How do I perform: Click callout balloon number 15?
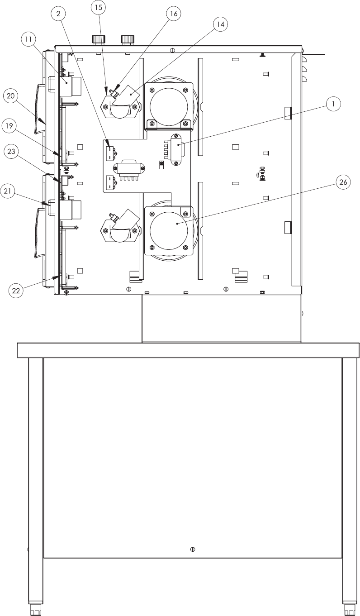[99, 7]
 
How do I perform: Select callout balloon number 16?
[174, 14]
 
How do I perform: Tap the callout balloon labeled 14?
[221, 24]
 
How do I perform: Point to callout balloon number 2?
[58, 14]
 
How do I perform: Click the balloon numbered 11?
[28, 39]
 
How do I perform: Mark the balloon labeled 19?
[9, 126]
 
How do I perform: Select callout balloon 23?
[11, 152]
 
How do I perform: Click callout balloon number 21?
[7, 191]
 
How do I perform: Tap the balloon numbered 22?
[16, 291]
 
